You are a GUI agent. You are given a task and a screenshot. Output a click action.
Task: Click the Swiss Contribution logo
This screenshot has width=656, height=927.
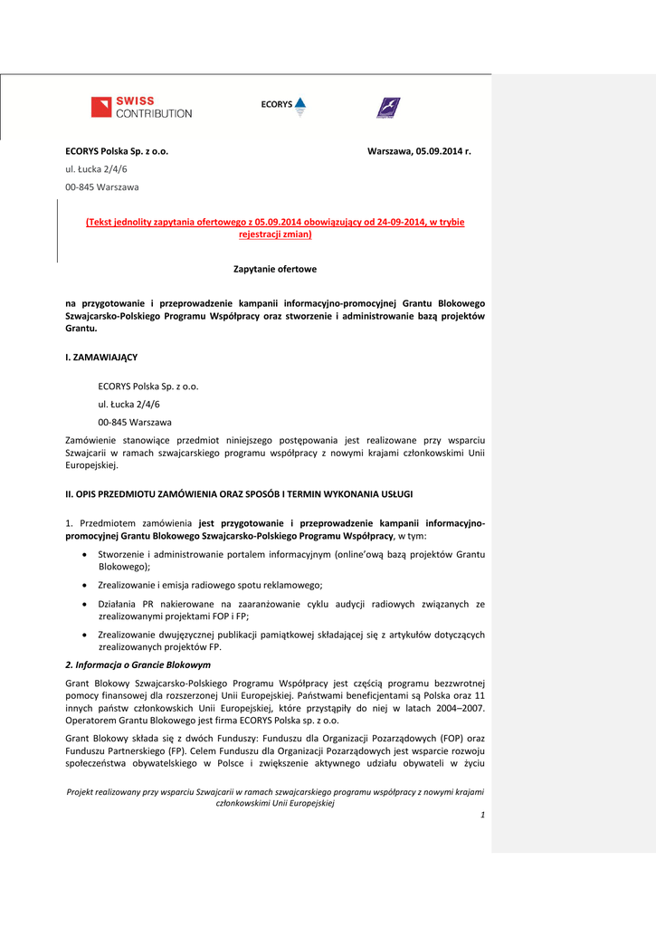point(141,107)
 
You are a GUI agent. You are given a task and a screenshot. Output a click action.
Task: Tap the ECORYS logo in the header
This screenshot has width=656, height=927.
point(283,106)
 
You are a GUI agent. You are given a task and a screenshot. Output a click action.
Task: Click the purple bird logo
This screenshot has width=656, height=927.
point(388,108)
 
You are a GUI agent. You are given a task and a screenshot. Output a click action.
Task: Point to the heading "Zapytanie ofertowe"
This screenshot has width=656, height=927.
point(275,269)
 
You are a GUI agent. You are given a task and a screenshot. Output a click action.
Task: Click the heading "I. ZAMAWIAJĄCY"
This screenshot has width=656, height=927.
point(101,358)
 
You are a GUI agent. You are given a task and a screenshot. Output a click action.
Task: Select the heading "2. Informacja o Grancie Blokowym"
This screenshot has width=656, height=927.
point(138,664)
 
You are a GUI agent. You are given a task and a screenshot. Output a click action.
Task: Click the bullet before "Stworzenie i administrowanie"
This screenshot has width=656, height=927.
point(85,554)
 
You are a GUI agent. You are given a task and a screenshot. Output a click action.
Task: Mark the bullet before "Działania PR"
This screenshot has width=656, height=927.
point(85,604)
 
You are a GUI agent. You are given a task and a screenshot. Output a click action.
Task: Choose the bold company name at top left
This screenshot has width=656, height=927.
point(117,151)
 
